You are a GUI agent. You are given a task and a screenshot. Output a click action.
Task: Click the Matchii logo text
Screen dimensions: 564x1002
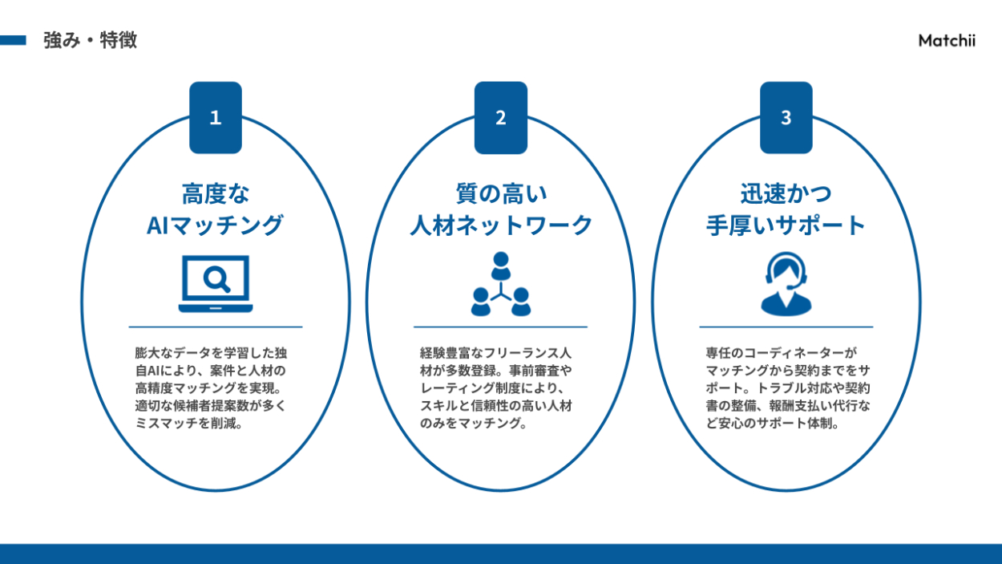[x=947, y=41]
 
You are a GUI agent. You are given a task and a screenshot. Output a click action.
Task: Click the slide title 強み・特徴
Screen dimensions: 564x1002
[x=90, y=40]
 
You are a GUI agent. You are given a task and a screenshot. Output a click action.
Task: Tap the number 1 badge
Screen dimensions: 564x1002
[x=215, y=117]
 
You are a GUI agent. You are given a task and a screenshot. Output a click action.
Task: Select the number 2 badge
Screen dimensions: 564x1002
[x=501, y=117]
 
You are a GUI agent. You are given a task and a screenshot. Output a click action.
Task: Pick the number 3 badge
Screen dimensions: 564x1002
[x=786, y=117]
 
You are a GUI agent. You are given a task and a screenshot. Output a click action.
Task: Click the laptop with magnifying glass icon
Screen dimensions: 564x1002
[x=216, y=284]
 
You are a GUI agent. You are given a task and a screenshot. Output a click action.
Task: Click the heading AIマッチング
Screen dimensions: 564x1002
[x=215, y=225]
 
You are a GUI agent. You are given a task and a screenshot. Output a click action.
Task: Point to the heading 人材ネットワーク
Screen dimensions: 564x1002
[x=501, y=225]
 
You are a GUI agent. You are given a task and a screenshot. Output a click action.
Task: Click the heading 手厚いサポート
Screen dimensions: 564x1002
[x=786, y=225]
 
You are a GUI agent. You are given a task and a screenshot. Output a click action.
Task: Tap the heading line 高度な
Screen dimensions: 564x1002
[x=215, y=193]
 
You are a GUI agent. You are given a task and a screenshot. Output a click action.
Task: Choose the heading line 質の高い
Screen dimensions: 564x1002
[x=501, y=193]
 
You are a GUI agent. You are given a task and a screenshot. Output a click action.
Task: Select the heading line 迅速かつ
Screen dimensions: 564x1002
[x=786, y=193]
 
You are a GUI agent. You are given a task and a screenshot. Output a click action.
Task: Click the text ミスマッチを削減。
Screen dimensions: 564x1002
[x=189, y=424]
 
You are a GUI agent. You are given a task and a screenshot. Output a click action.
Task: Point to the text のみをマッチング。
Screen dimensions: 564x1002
[x=474, y=424]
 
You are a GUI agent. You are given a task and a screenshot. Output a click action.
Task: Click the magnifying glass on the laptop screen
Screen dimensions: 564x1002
[x=216, y=278]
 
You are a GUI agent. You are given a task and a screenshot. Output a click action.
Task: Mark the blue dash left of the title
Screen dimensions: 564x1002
[x=13, y=40]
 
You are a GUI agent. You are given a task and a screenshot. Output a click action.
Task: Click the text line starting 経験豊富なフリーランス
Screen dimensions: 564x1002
[x=495, y=353]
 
